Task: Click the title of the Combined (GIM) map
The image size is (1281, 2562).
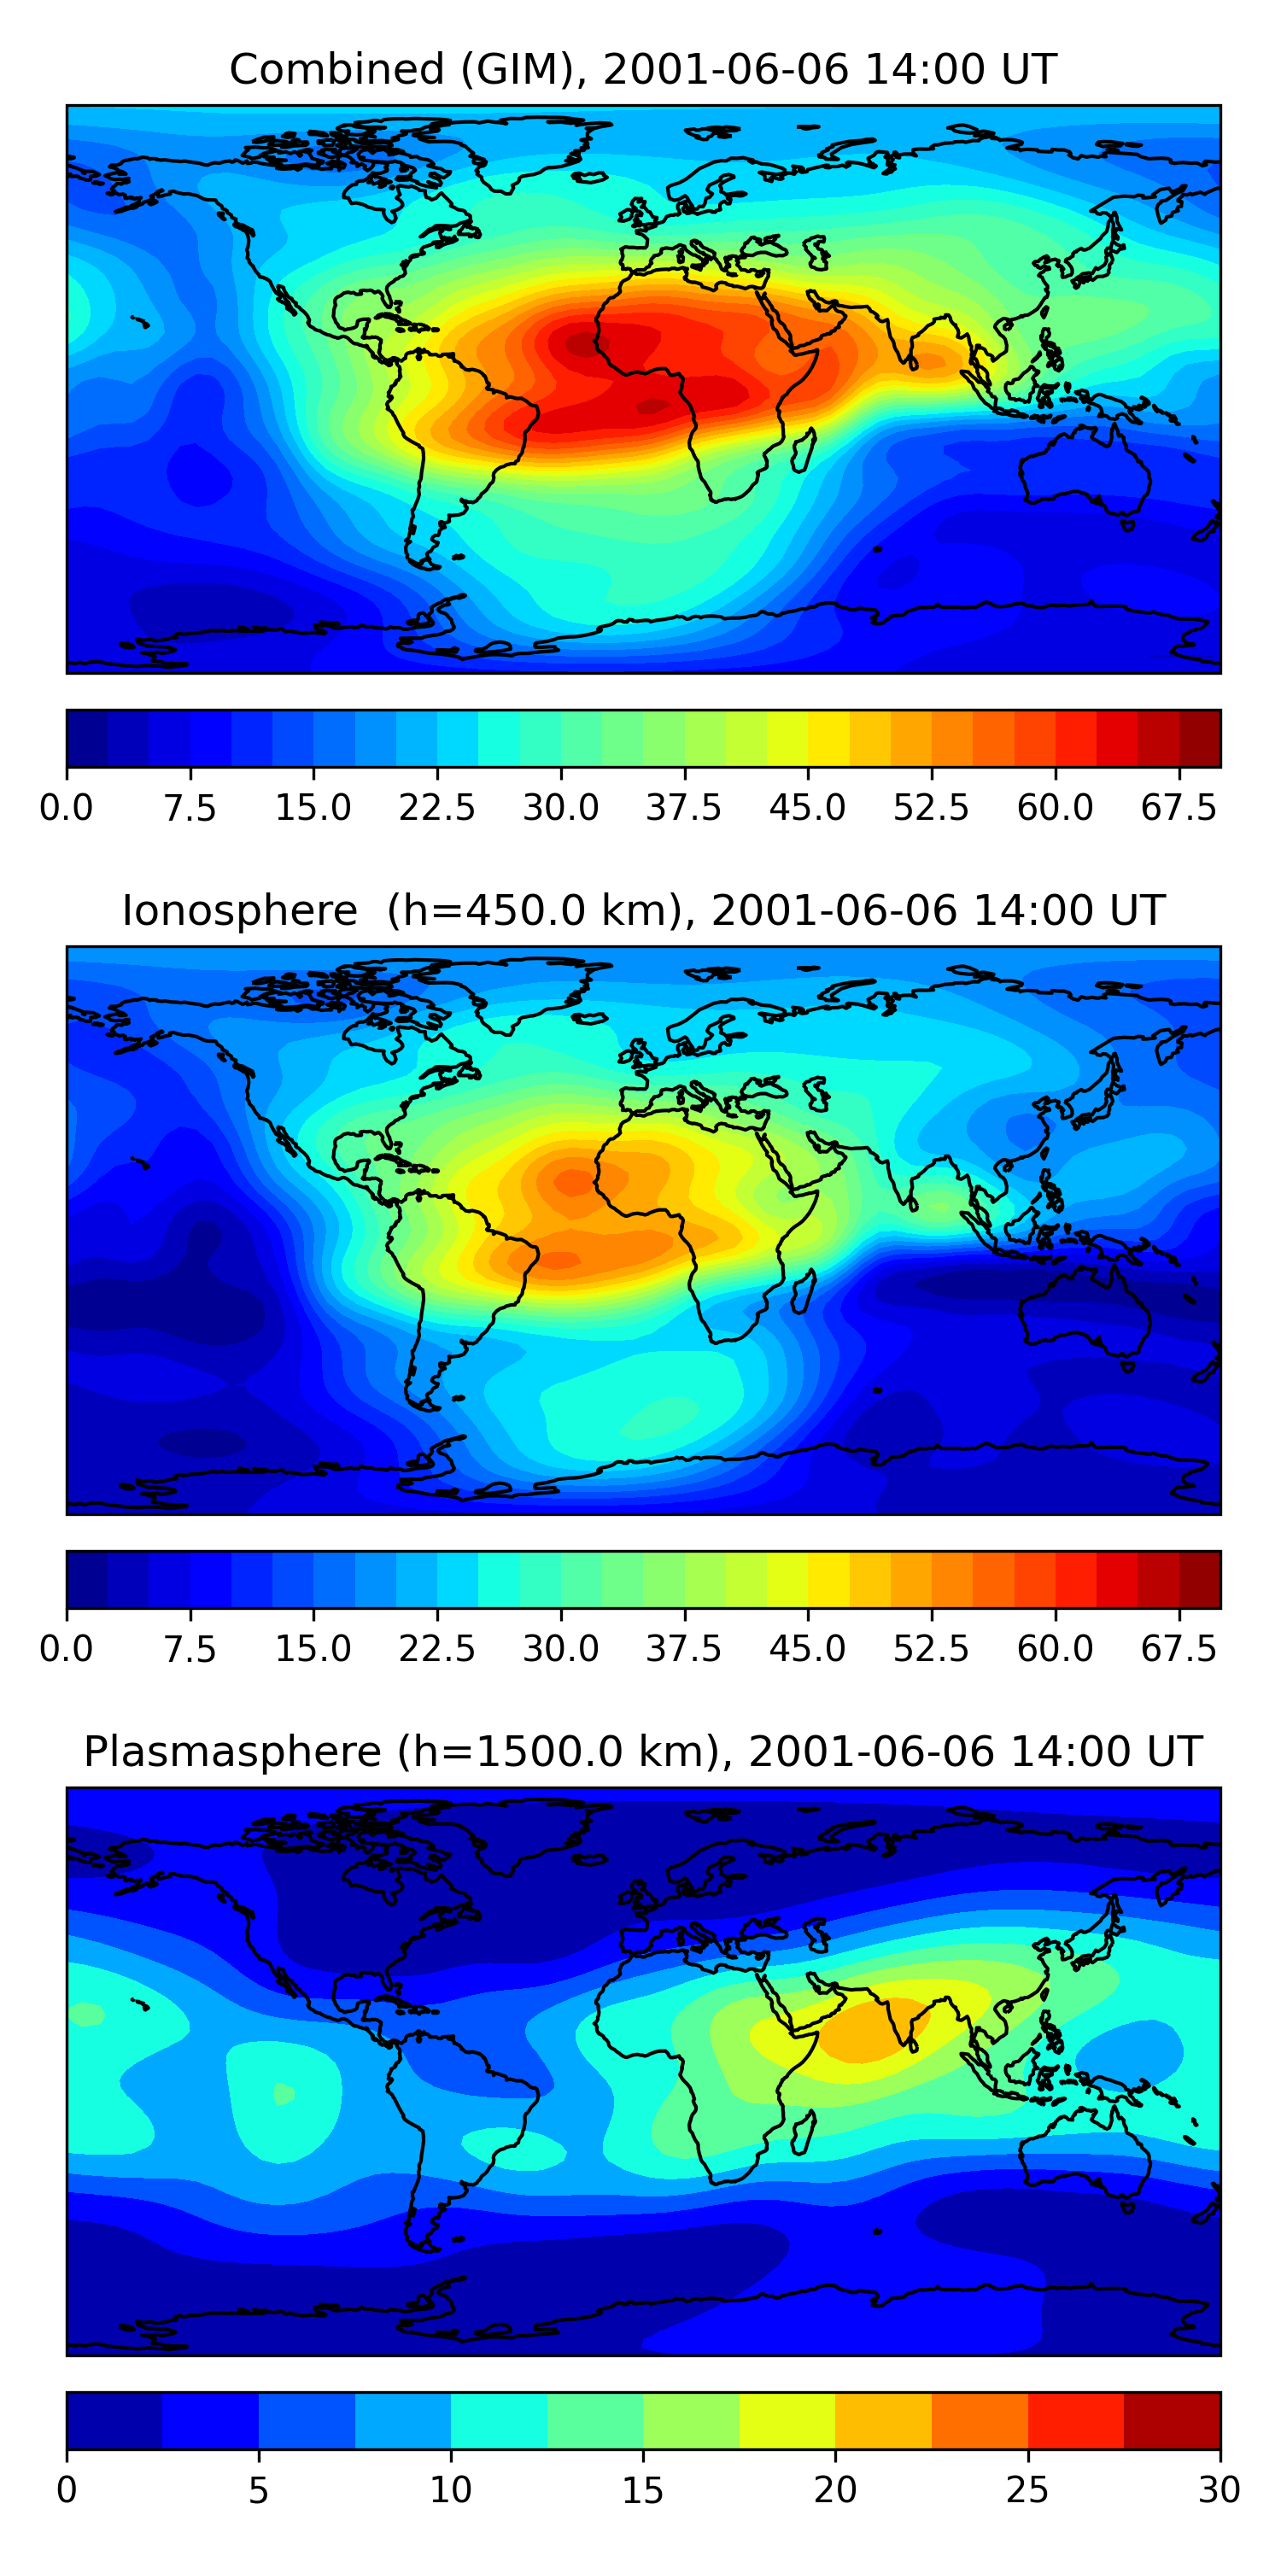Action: tap(642, 70)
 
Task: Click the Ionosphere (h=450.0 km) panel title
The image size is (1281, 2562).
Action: tap(642, 911)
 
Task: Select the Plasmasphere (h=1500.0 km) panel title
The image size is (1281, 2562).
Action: tap(642, 1752)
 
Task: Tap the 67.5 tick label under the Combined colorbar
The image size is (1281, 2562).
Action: tap(1179, 808)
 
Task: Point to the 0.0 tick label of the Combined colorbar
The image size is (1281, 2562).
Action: tap(67, 808)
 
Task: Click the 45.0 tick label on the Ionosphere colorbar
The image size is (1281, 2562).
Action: tap(808, 1649)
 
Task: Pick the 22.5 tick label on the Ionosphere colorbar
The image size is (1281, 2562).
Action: tap(436, 1649)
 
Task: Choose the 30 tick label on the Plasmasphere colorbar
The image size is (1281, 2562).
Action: tap(1220, 2490)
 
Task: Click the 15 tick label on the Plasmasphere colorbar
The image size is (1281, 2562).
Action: tap(642, 2490)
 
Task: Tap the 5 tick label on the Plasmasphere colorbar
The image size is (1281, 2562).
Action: tap(259, 2490)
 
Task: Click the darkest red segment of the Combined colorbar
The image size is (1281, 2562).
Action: tap(1200, 739)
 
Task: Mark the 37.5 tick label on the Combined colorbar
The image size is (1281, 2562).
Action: tap(683, 808)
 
